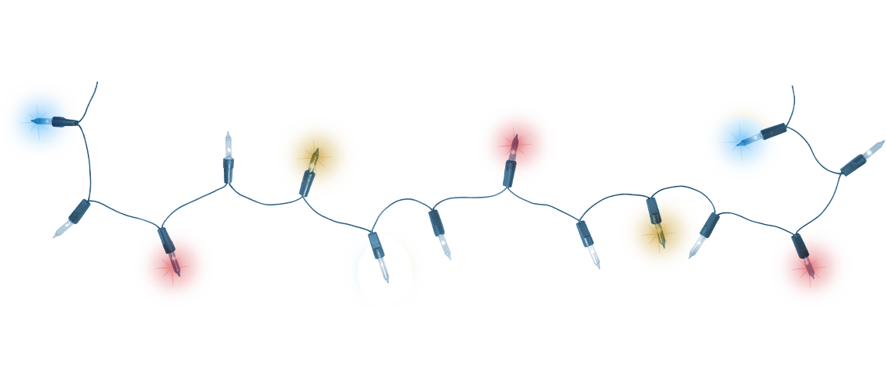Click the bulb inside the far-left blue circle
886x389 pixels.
(x=43, y=121)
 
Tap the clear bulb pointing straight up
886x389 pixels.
(x=228, y=145)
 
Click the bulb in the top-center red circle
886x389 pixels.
(x=513, y=147)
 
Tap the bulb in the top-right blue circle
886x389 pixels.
(x=748, y=141)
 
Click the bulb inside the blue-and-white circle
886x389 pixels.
(x=383, y=267)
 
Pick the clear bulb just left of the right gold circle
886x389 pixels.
(x=593, y=255)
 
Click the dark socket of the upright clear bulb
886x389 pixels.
(x=229, y=170)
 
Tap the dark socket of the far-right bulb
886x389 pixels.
(x=853, y=163)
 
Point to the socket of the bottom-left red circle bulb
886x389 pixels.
(x=164, y=239)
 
